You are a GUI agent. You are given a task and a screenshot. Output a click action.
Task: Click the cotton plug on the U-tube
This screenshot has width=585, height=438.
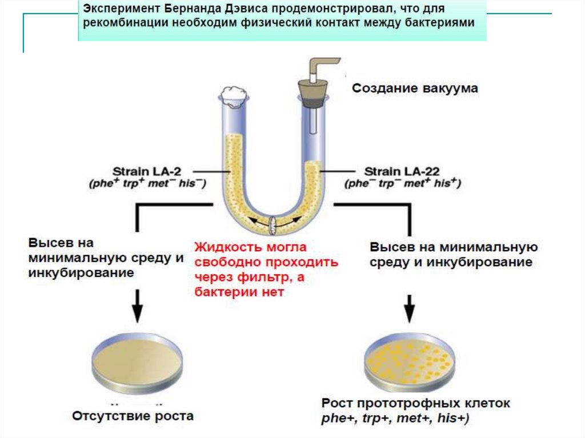pyautogui.click(x=235, y=95)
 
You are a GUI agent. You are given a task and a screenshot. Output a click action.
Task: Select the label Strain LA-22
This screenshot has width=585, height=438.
pyautogui.click(x=398, y=171)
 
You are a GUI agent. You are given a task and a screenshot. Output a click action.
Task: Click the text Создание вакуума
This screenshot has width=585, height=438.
pyautogui.click(x=414, y=89)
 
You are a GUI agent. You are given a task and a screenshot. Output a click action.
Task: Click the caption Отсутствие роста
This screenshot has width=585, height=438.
pyautogui.click(x=133, y=415)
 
